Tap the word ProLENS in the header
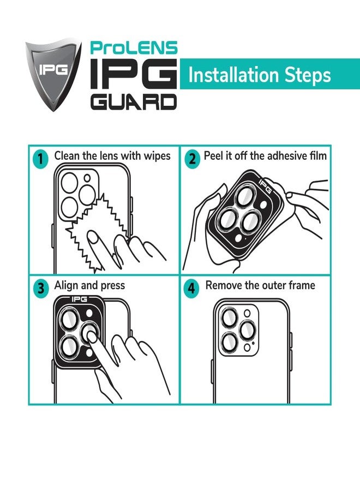(134, 48)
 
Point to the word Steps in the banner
(308, 76)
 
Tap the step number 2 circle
(191, 159)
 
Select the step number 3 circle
(41, 288)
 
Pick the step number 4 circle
(191, 288)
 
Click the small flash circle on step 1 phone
(87, 178)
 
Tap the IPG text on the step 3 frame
(79, 300)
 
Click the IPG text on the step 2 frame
(265, 185)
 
